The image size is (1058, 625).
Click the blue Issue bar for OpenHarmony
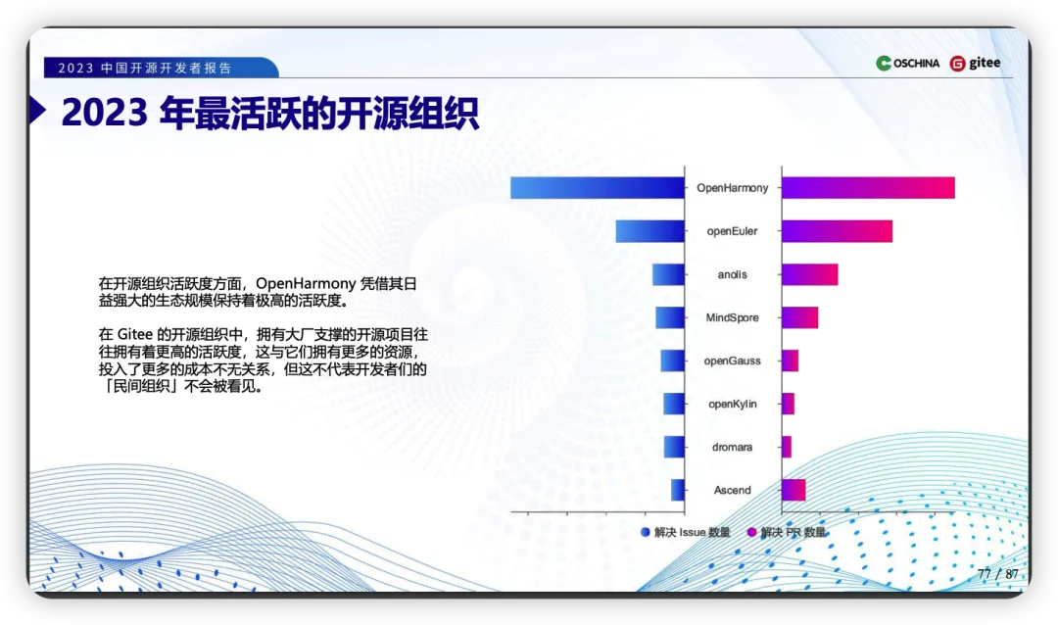[x=598, y=188]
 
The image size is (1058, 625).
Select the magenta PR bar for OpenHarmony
[x=868, y=188]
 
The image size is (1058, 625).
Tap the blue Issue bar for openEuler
[x=649, y=231]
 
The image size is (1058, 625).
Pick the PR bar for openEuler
[x=837, y=231]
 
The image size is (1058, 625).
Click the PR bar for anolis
[x=810, y=274]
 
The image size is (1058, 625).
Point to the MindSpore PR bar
[x=799, y=317]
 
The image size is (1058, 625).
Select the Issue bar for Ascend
[x=678, y=490]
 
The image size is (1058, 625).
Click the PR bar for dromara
[x=786, y=447]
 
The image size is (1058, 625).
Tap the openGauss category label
[x=732, y=361]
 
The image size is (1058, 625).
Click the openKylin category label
[x=732, y=405]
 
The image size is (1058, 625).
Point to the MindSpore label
[x=732, y=318]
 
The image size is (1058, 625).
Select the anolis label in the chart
[x=732, y=274]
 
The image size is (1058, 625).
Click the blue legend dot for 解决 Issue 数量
[x=645, y=533]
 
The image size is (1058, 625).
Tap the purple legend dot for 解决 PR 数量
[x=751, y=533]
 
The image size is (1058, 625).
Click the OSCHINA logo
[x=907, y=64]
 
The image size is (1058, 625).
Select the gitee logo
[x=975, y=64]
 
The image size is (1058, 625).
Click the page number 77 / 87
[x=998, y=574]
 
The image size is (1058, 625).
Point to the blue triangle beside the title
[x=38, y=111]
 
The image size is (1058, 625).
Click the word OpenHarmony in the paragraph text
[x=305, y=283]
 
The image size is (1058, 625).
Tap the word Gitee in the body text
[x=135, y=335]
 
